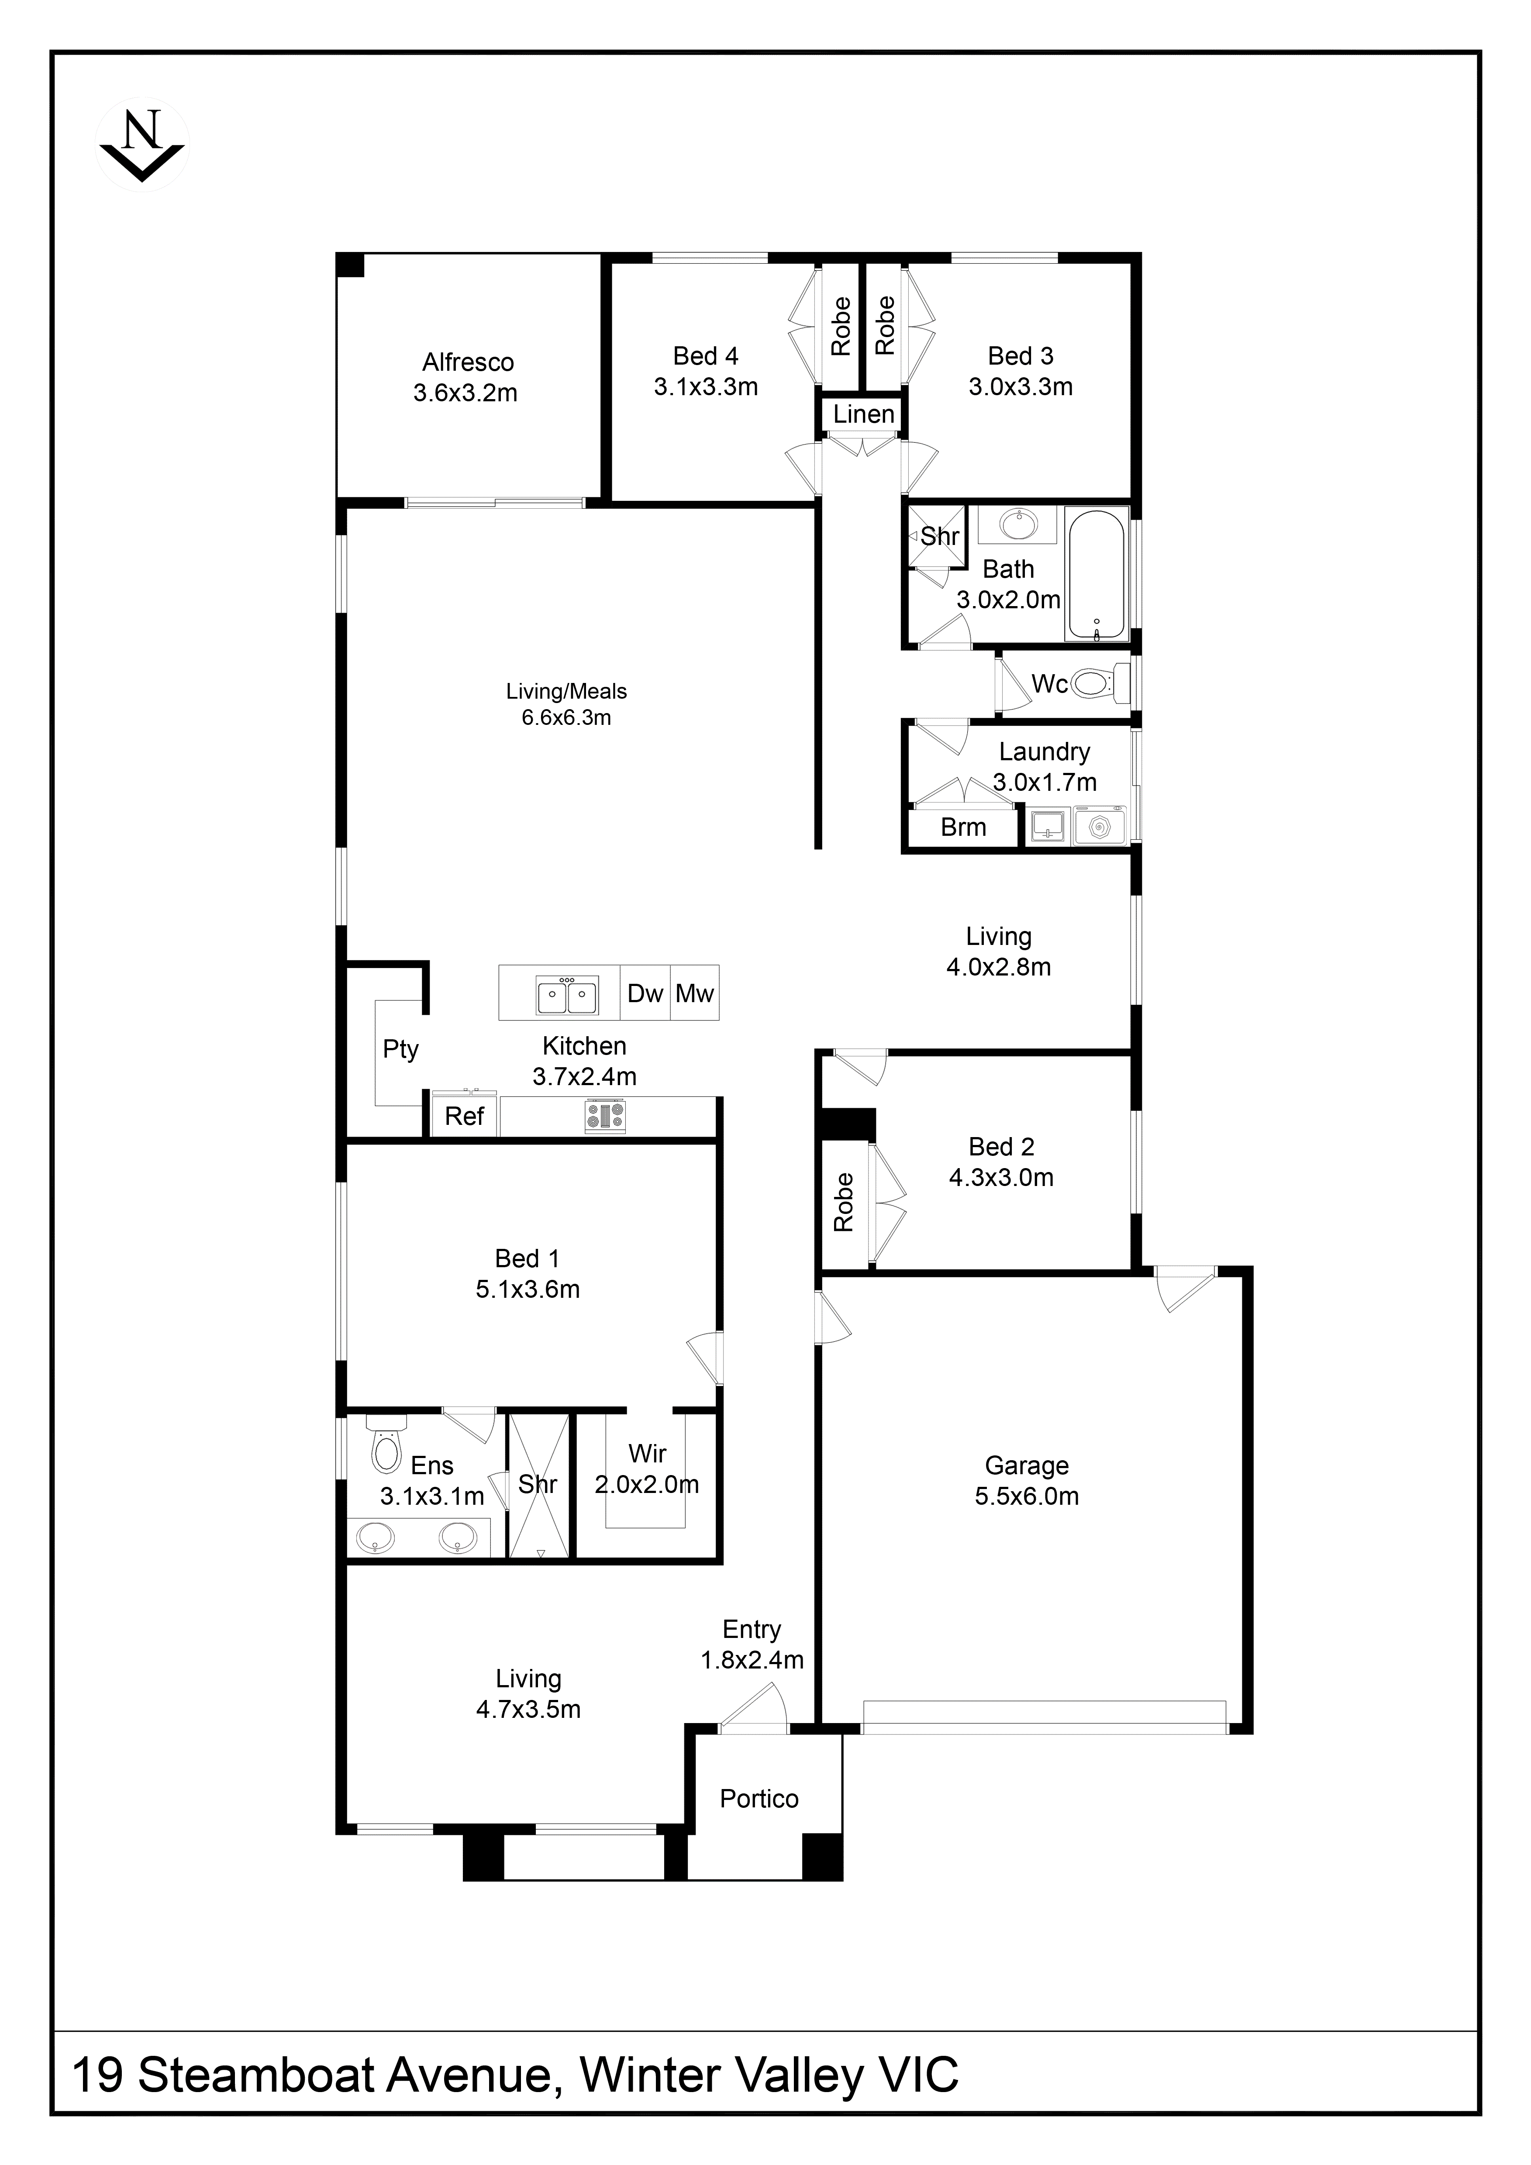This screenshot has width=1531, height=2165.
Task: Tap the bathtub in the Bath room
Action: (1096, 575)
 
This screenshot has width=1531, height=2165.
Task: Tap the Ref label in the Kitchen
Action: (464, 1117)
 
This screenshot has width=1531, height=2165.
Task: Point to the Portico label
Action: (759, 1799)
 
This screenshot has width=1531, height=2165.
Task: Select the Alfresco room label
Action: (468, 362)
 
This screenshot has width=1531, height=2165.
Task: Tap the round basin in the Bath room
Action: (1015, 524)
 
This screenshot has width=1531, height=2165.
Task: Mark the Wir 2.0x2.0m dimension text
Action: (647, 1485)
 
